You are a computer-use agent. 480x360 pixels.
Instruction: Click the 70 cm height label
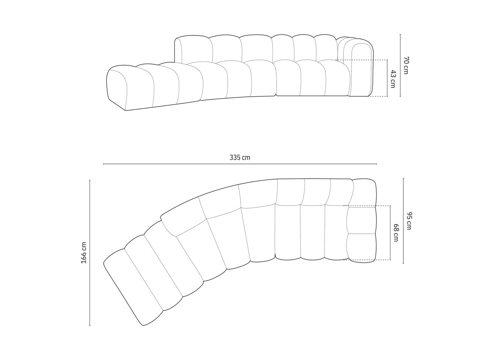(x=406, y=65)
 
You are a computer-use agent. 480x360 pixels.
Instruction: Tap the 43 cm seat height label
(x=393, y=79)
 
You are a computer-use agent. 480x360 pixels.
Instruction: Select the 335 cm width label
(x=240, y=157)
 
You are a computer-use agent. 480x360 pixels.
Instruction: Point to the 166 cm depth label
(x=84, y=253)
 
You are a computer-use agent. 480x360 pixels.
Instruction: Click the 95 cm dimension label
(x=409, y=221)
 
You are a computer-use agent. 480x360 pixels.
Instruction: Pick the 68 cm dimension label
(x=396, y=232)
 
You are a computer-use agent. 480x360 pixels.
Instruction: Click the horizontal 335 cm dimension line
(x=240, y=164)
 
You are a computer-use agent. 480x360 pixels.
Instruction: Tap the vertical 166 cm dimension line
(x=90, y=253)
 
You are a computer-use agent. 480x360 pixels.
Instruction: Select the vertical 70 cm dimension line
(x=400, y=65)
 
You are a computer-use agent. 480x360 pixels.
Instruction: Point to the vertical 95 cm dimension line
(x=403, y=221)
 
